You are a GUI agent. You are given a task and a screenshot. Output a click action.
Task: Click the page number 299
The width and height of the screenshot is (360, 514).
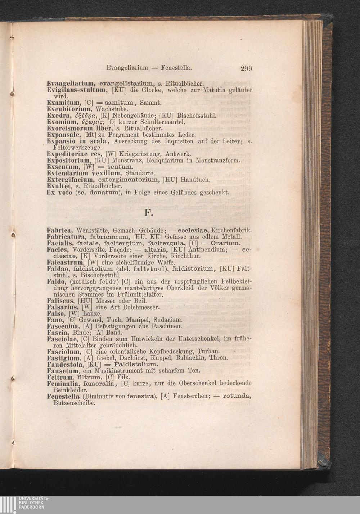(x=246, y=68)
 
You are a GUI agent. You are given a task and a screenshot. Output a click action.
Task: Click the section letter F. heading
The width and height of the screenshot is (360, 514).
(x=148, y=213)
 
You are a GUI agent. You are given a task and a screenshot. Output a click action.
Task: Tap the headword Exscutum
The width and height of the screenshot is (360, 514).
(x=63, y=167)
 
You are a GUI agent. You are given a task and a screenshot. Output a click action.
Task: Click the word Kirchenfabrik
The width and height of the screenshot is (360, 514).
(x=231, y=230)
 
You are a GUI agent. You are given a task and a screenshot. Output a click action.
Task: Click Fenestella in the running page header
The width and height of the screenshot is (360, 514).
(x=176, y=67)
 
